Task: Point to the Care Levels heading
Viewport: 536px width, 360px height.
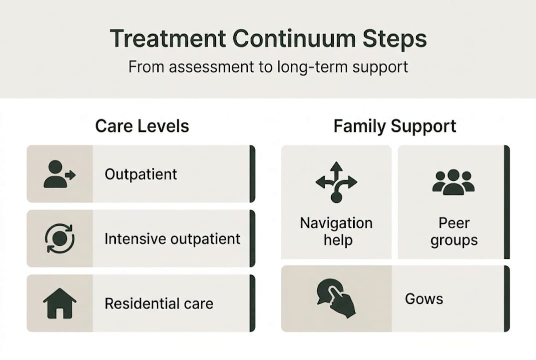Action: tap(142, 126)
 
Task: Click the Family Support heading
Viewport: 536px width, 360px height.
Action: tap(395, 126)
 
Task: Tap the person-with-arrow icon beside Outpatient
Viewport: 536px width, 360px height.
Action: tap(59, 174)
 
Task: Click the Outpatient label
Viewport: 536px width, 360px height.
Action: tap(141, 174)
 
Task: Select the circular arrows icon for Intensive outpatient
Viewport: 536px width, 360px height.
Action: tap(59, 238)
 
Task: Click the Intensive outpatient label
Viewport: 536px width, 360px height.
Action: tap(172, 238)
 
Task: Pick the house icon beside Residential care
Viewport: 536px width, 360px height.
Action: tap(59, 303)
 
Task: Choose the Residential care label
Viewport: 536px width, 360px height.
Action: tap(159, 303)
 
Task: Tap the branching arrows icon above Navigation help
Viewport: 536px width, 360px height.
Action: tap(336, 182)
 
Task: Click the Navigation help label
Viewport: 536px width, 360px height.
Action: tap(336, 231)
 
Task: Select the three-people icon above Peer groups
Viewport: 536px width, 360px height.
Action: tap(454, 182)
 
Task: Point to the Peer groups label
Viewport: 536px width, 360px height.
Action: tap(454, 231)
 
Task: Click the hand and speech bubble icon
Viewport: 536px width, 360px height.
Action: tap(336, 298)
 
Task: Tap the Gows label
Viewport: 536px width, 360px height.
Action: tap(424, 299)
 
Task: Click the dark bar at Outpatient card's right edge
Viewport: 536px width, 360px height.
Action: tap(252, 174)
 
